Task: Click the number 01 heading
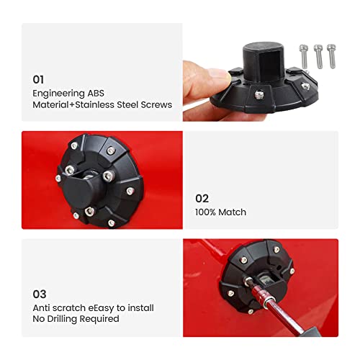(38, 80)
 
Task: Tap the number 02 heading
(202, 199)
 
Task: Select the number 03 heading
(40, 294)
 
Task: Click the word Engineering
(58, 94)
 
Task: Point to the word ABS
(96, 93)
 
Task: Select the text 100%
(205, 212)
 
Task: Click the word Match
(233, 212)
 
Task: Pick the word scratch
(69, 308)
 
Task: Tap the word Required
(99, 319)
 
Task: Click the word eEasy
(101, 308)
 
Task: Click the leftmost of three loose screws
(304, 56)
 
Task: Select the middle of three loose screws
(318, 56)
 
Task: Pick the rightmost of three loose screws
(331, 56)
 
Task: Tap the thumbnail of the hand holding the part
(261, 72)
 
